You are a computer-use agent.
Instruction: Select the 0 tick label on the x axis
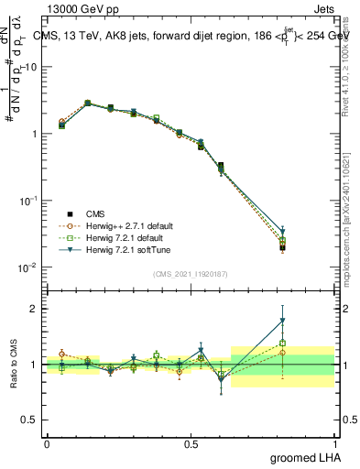(x=47, y=443)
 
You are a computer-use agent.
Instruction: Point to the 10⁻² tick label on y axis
(x=28, y=267)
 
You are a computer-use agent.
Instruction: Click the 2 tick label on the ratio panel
(x=35, y=309)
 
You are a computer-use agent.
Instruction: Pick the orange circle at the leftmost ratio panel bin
(x=61, y=354)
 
